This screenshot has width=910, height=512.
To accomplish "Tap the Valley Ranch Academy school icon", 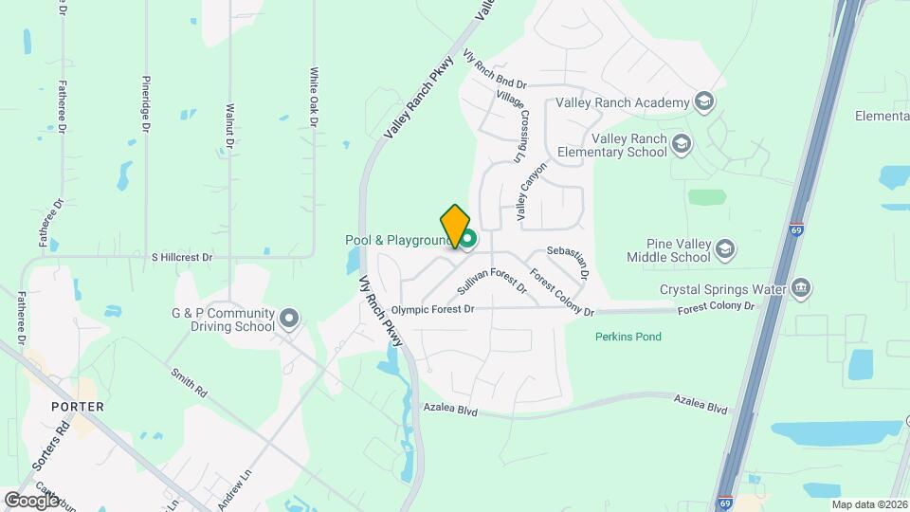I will tap(703, 101).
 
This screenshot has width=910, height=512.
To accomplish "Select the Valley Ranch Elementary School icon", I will tap(681, 144).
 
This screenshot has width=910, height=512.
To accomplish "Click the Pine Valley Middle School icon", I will tap(725, 249).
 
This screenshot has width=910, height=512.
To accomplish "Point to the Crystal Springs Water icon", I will tap(801, 288).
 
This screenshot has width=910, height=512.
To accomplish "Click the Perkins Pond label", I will tap(628, 337).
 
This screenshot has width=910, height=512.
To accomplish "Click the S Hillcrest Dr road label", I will tap(182, 257).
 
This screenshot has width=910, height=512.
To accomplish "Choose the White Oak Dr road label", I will tap(313, 96).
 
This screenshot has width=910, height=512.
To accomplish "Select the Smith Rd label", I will tap(188, 381).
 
